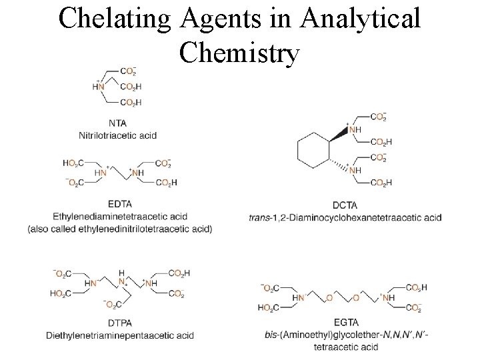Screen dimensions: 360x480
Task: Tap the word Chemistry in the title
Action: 239,53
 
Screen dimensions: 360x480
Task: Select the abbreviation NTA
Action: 117,123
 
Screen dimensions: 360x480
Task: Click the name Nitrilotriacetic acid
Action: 117,135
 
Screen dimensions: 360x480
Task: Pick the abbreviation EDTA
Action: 119,203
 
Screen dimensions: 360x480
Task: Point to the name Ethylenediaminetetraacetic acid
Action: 120,216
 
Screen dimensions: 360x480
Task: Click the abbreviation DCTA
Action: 345,205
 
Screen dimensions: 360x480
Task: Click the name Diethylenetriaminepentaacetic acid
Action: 120,335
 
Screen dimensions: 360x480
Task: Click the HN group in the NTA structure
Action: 99,86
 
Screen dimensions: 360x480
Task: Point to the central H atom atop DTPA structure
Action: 121,273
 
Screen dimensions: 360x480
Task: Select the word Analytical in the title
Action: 361,19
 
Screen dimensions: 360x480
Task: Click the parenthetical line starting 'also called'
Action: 120,229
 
